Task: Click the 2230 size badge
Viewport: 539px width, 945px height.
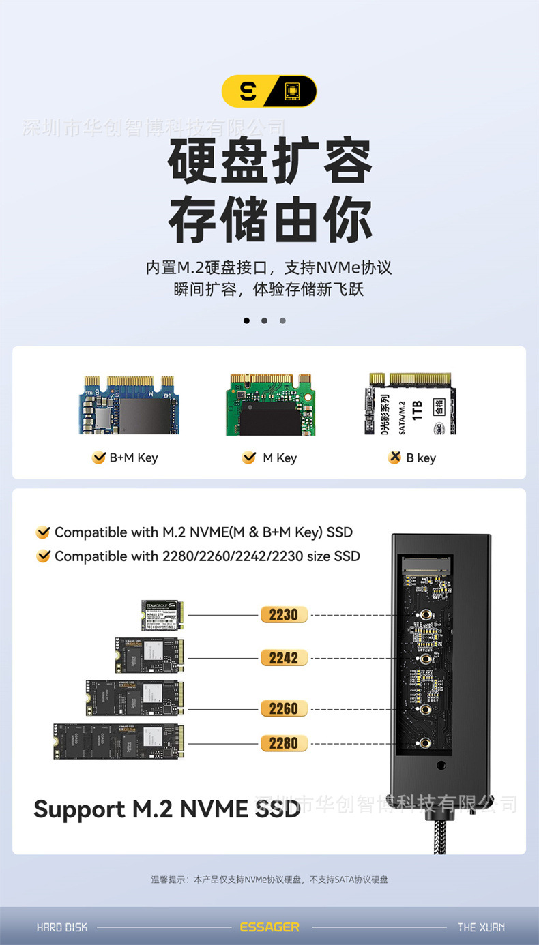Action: (283, 614)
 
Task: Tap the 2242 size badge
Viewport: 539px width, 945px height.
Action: (283, 658)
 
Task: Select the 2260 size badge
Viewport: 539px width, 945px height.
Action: (283, 708)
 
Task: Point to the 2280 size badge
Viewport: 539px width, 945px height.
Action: (283, 742)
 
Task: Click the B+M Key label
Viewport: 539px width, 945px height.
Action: (133, 458)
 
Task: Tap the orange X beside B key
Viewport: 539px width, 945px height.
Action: (394, 458)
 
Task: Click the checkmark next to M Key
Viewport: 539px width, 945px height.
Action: (248, 458)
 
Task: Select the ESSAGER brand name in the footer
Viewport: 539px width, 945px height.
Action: (269, 927)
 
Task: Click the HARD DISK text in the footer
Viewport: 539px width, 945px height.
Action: (62, 927)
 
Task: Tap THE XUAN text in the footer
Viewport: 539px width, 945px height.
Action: (481, 927)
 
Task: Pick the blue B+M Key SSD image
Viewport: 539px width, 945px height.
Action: (128, 404)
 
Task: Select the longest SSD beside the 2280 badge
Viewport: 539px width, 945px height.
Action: (116, 742)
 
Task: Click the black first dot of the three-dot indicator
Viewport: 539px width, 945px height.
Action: (246, 320)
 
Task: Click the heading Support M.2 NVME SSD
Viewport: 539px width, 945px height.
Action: (166, 809)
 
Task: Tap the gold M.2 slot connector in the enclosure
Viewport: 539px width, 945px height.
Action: (424, 565)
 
